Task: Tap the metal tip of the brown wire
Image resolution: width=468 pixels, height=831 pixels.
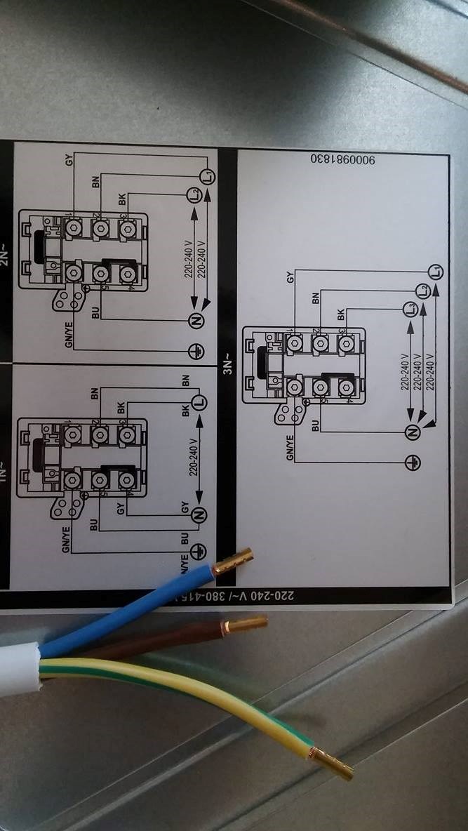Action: pyautogui.click(x=246, y=623)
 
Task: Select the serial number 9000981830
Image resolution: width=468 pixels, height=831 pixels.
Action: pyautogui.click(x=342, y=161)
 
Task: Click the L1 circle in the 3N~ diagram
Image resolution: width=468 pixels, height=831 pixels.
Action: pyautogui.click(x=436, y=270)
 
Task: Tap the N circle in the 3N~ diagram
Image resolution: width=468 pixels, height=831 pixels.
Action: pyautogui.click(x=413, y=432)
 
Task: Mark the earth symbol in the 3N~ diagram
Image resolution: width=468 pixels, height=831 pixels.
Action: pyautogui.click(x=414, y=463)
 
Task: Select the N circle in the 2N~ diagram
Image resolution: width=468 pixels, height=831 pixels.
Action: pyautogui.click(x=196, y=321)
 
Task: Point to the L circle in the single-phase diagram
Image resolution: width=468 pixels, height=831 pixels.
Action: pyautogui.click(x=199, y=402)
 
